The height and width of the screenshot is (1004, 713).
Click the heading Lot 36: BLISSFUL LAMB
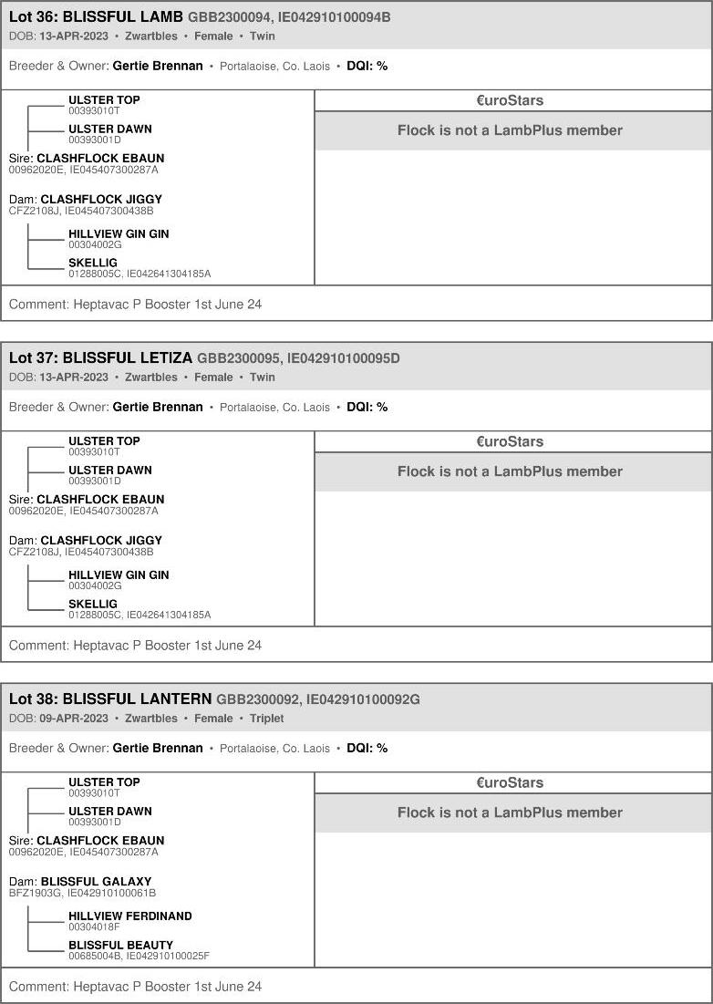(96, 17)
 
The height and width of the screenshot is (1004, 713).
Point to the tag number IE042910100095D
(343, 358)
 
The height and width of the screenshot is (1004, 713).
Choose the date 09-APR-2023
(74, 719)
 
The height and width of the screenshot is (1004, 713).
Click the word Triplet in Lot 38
(267, 719)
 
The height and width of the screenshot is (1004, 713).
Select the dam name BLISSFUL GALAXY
(96, 882)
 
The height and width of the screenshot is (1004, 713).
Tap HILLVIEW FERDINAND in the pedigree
(130, 916)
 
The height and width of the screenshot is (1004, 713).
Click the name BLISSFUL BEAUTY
(120, 945)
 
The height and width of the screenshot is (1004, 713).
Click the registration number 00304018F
(95, 927)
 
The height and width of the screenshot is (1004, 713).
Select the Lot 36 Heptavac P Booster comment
(135, 304)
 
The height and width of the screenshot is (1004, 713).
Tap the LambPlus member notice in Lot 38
(510, 813)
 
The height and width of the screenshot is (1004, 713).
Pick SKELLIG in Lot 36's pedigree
(93, 263)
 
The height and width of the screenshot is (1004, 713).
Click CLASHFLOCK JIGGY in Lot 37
(101, 540)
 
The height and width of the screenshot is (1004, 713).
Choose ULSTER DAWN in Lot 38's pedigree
(110, 811)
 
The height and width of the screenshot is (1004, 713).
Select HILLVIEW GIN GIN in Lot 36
(119, 233)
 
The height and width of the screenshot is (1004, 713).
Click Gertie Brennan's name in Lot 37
(158, 407)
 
